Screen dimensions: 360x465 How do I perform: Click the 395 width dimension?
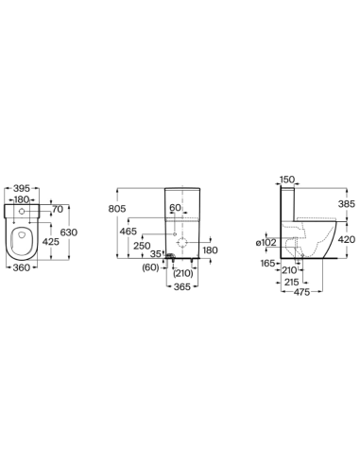click(22, 188)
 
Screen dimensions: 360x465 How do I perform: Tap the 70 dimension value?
click(58, 209)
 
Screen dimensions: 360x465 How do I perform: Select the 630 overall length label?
click(69, 232)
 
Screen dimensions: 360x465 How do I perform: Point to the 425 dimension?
click(51, 242)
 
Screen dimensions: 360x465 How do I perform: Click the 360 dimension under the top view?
click(22, 267)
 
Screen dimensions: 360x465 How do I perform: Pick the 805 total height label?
click(117, 209)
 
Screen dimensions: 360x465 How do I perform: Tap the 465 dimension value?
click(129, 232)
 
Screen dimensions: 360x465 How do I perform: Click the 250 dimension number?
click(142, 246)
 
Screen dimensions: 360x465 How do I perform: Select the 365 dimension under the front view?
click(182, 286)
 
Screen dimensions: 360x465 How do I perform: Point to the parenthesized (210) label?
click(183, 273)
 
